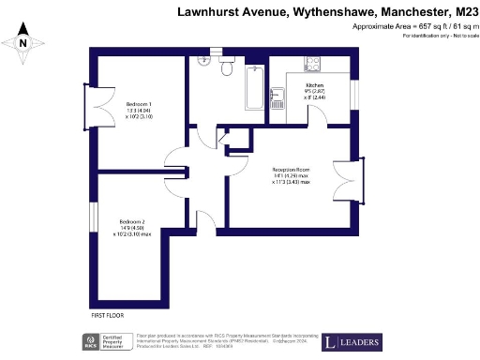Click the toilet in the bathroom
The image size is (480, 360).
[x=226, y=69]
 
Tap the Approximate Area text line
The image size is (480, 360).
[x=413, y=28]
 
